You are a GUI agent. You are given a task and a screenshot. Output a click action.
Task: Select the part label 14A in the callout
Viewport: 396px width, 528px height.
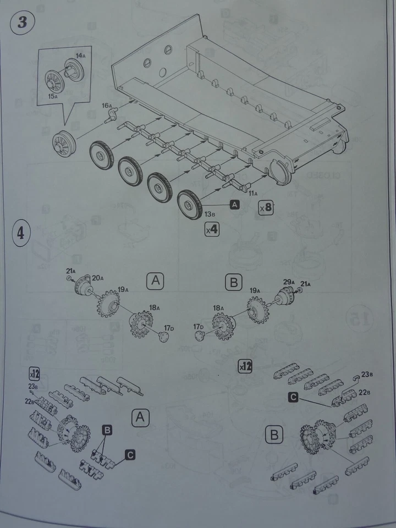pyautogui.click(x=80, y=56)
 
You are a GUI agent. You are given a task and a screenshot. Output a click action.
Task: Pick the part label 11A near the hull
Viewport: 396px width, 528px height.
pyautogui.click(x=252, y=194)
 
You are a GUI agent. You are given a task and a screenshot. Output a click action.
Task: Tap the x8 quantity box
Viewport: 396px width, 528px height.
pyautogui.click(x=266, y=207)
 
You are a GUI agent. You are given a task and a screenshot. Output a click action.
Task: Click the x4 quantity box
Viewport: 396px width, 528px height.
pyautogui.click(x=211, y=230)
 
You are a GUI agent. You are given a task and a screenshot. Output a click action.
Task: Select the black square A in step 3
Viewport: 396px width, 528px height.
pyautogui.click(x=235, y=204)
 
